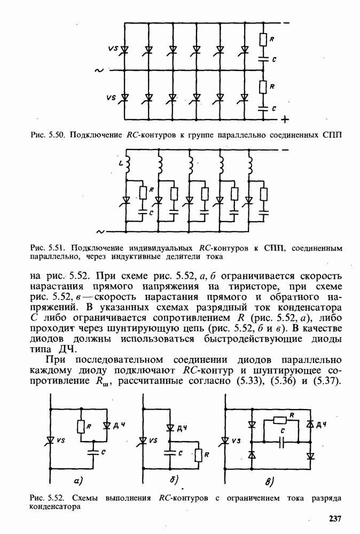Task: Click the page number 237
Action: pos(334,519)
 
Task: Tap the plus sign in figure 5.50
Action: pos(285,119)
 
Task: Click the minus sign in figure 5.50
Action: pos(287,23)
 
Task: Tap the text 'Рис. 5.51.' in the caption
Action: pos(46,248)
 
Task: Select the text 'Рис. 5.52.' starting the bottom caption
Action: pos(45,498)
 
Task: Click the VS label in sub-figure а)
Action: pos(60,441)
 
